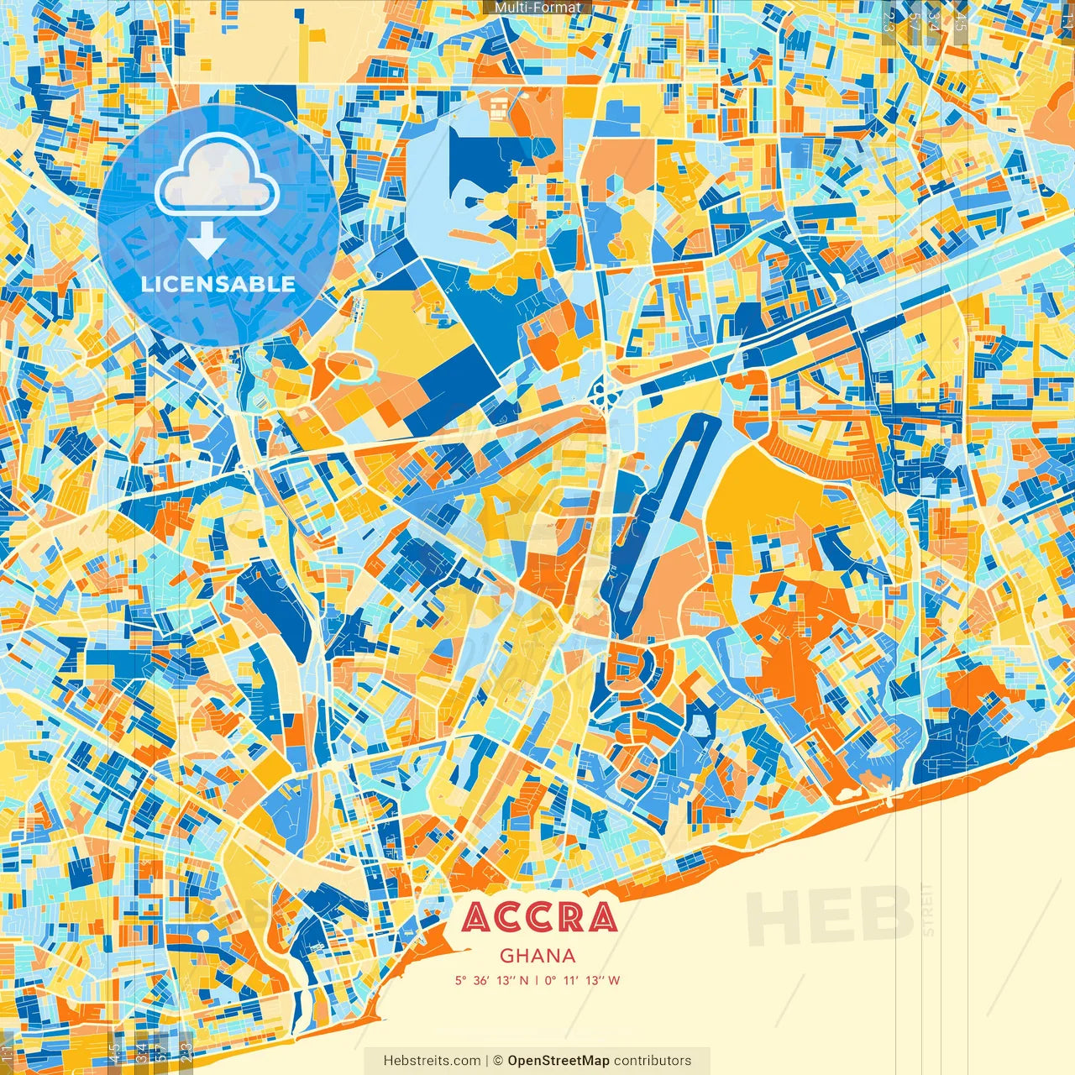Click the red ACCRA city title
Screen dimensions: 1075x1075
pyautogui.click(x=539, y=917)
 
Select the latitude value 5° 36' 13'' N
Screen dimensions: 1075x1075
pyautogui.click(x=492, y=980)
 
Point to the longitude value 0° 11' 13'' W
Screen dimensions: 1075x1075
pyautogui.click(x=582, y=980)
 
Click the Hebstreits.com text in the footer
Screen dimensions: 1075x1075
pyautogui.click(x=432, y=1061)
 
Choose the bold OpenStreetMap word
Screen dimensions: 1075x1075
pyautogui.click(x=558, y=1061)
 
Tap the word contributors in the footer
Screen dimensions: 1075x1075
pyautogui.click(x=653, y=1061)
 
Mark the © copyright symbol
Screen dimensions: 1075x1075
pyautogui.click(x=497, y=1061)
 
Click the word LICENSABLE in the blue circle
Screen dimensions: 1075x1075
pyautogui.click(x=218, y=284)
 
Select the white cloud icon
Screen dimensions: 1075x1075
pyautogui.click(x=217, y=174)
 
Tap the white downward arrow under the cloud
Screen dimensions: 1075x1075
pyautogui.click(x=206, y=242)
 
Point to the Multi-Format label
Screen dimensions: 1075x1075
pyautogui.click(x=537, y=8)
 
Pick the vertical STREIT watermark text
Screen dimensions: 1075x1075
pyautogui.click(x=927, y=910)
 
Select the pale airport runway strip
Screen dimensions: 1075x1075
pyautogui.click(x=664, y=512)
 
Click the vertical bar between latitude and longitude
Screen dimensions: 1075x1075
pyautogui.click(x=537, y=980)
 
